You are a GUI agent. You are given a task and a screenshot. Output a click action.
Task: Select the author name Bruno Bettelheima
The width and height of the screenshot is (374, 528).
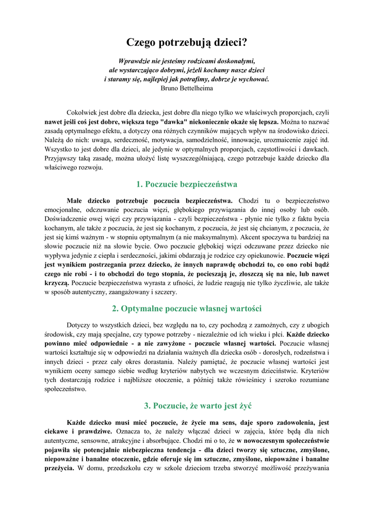point(187,88)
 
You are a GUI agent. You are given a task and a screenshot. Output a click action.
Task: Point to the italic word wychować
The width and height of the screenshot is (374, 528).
point(253,79)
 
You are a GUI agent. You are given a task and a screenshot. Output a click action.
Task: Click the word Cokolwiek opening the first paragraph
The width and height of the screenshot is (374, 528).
point(83,112)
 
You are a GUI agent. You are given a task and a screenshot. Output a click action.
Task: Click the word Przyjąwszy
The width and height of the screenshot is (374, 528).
point(62,158)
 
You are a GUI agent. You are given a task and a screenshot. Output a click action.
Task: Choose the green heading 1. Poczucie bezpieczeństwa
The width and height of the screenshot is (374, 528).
point(187,184)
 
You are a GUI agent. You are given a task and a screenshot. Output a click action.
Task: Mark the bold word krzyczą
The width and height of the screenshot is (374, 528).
point(56,283)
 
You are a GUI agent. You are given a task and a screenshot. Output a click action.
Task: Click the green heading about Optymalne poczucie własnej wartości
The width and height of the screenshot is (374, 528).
point(187,309)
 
